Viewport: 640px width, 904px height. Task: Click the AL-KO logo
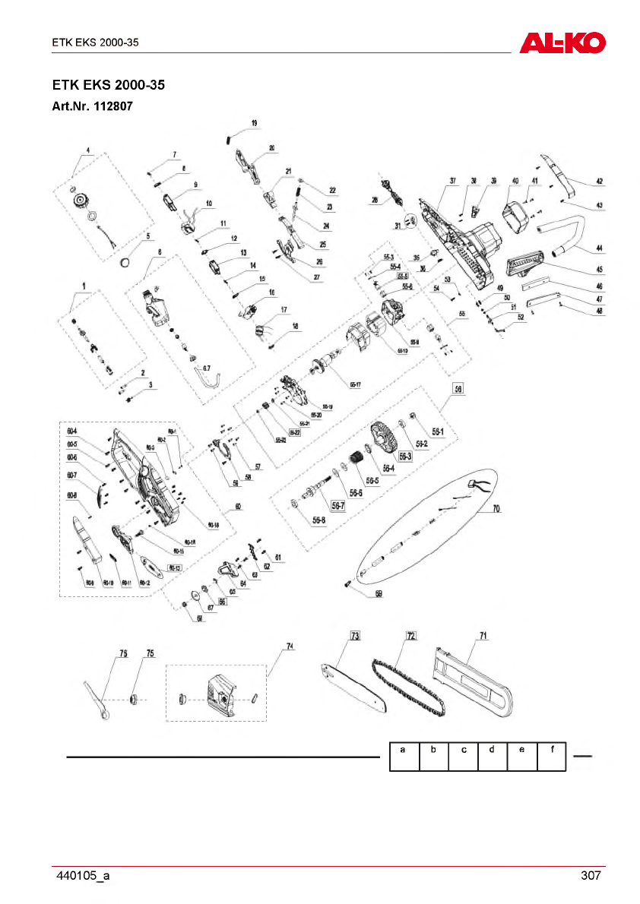pyautogui.click(x=562, y=43)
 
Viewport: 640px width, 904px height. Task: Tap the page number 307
pyautogui.click(x=591, y=876)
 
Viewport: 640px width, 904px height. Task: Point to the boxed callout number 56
pyautogui.click(x=458, y=387)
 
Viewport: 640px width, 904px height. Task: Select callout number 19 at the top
pyautogui.click(x=254, y=122)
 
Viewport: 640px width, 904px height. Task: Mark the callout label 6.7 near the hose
pyautogui.click(x=207, y=368)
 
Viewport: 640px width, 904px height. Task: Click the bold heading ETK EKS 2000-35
pyautogui.click(x=108, y=84)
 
